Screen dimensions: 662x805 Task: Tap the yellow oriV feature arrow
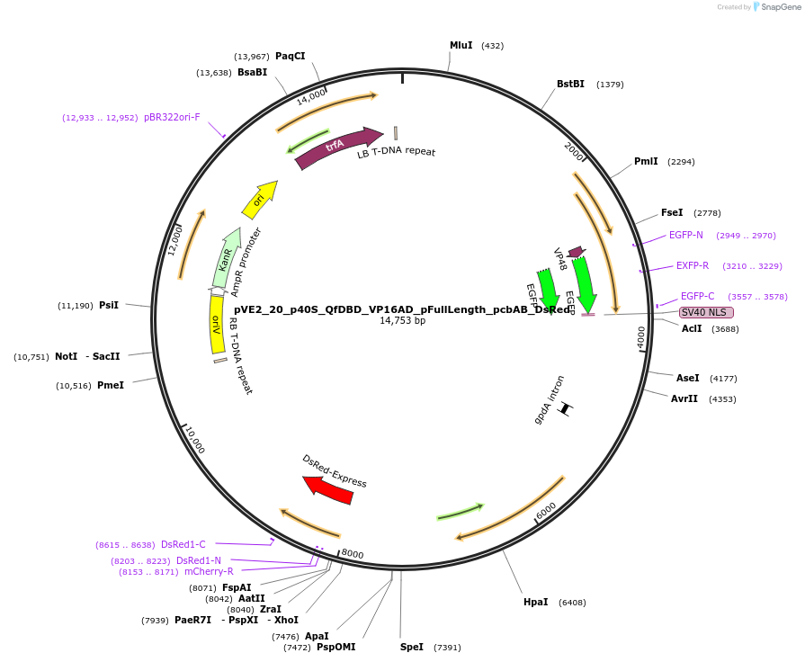point(216,325)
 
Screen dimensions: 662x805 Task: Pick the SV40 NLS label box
point(706,312)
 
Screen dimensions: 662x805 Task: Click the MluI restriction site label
point(461,45)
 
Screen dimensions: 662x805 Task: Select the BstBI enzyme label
point(570,84)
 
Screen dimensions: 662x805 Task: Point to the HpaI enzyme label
point(535,602)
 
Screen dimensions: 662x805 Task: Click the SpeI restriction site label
point(412,647)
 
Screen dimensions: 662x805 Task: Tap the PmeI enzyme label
point(111,385)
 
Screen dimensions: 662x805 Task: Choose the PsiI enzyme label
point(109,305)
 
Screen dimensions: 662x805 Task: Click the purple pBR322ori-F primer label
point(172,117)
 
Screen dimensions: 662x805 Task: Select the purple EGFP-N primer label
point(686,235)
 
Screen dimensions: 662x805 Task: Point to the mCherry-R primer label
point(209,571)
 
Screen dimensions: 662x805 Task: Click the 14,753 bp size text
point(402,320)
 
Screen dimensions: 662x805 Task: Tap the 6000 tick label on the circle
point(546,510)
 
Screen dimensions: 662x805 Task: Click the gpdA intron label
point(549,399)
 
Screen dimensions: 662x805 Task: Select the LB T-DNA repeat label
point(396,152)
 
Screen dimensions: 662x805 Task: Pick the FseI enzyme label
point(672,212)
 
